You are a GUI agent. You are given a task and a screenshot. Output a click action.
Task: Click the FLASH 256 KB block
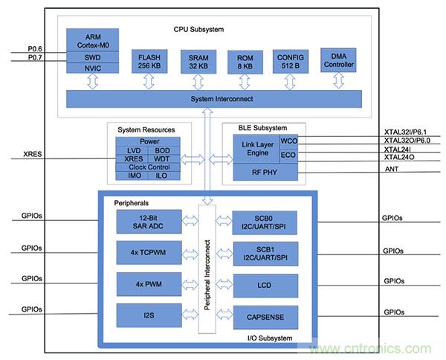(149, 60)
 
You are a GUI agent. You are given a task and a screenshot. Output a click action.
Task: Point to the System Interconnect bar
(210, 97)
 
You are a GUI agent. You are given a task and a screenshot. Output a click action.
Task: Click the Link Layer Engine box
(256, 147)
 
